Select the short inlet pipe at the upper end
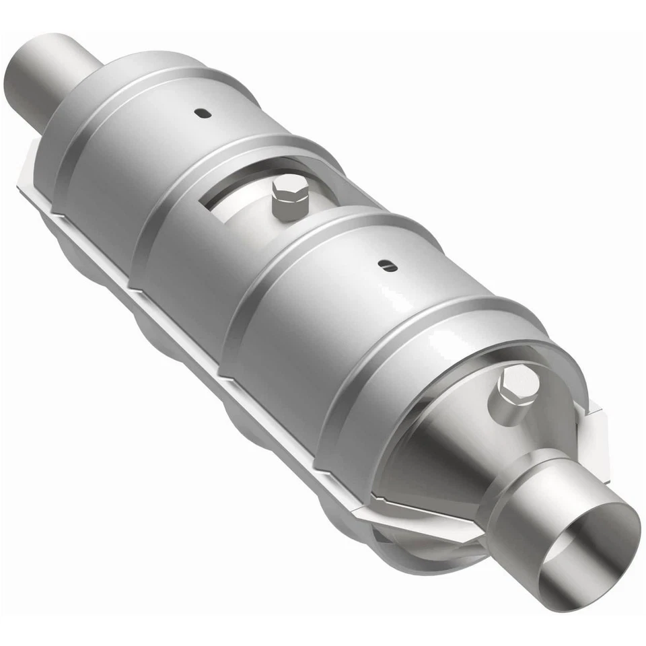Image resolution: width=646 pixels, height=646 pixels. tap(50, 77)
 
